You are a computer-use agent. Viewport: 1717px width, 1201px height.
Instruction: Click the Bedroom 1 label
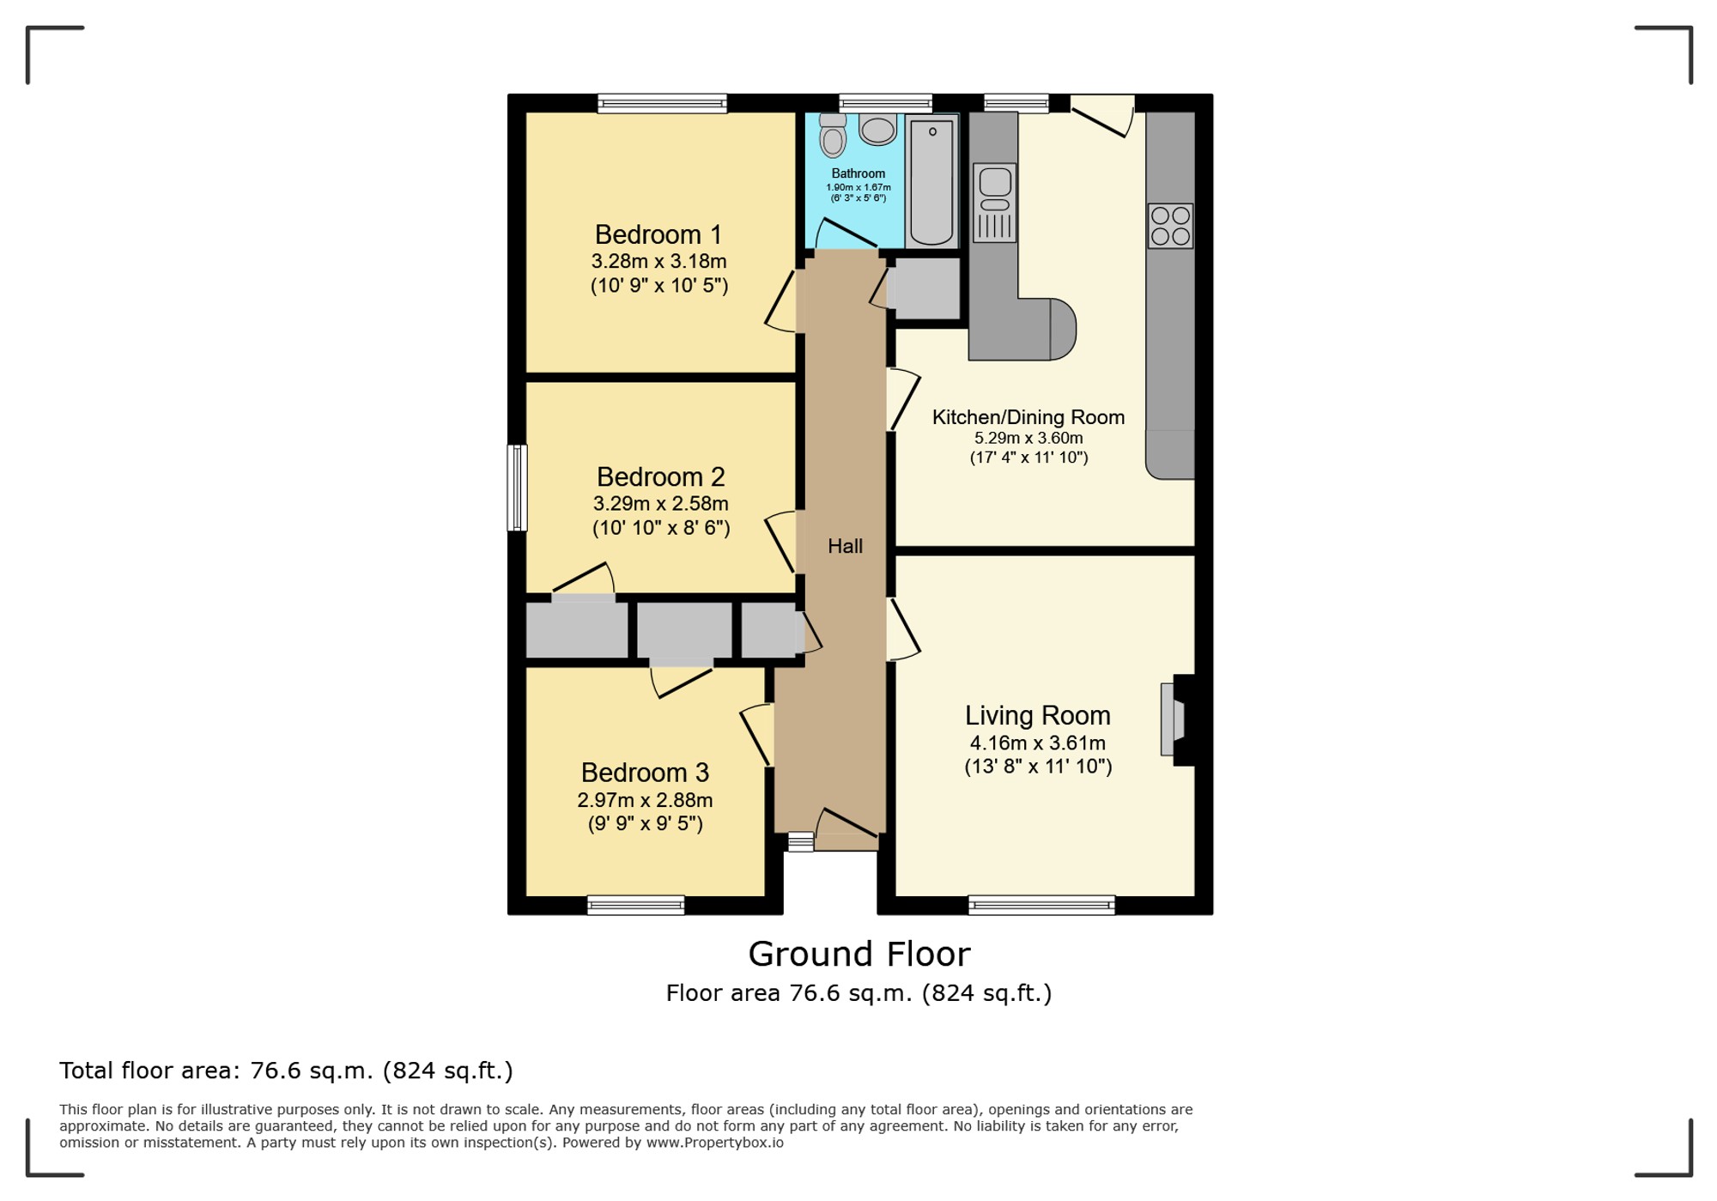coord(658,234)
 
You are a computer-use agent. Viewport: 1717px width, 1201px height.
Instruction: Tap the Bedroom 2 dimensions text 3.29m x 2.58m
coord(661,504)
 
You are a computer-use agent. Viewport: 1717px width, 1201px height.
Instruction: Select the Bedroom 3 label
coord(645,773)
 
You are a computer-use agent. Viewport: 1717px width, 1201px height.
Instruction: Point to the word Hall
coord(845,546)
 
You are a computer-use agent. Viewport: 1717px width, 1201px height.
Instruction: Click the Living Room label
coord(1038,715)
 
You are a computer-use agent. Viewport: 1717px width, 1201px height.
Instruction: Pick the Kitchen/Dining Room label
coord(1028,417)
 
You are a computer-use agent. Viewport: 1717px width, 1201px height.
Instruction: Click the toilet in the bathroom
coord(833,135)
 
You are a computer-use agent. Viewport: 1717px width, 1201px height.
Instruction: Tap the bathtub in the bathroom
coord(931,181)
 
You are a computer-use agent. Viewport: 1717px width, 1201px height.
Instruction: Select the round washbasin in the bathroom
coord(877,130)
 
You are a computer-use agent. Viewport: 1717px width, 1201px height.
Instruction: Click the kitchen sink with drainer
coord(995,203)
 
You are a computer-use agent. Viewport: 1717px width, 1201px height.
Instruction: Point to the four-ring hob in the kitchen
coord(1170,226)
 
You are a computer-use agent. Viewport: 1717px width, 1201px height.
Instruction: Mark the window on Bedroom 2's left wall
coord(517,488)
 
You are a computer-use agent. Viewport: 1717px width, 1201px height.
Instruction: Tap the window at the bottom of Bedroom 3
coord(636,905)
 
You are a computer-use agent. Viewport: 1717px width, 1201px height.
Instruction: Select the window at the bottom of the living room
coord(1041,905)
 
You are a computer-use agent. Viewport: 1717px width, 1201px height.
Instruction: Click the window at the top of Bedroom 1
coord(663,104)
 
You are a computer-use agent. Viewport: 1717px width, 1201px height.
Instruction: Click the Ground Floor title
coord(859,954)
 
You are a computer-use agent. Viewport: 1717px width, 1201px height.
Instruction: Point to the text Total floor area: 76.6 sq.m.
coord(216,1071)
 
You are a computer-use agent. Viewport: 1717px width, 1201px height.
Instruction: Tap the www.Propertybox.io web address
coord(714,1143)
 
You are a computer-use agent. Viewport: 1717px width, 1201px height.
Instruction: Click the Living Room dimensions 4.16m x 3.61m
coord(1038,743)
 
